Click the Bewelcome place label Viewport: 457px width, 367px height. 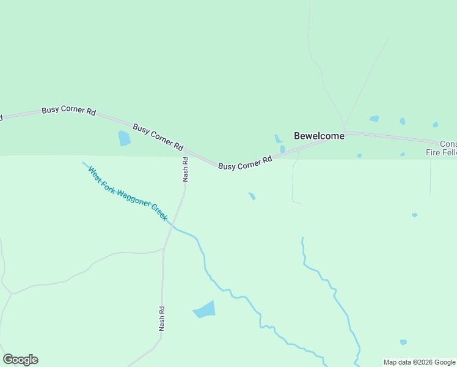pos(319,136)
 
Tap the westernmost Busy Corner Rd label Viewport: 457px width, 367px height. pos(68,111)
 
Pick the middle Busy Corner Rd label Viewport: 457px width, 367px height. pos(158,138)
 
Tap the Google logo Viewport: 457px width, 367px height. pos(20,360)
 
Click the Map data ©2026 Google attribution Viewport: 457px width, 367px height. pos(420,362)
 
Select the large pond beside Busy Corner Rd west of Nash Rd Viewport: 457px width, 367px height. pos(124,138)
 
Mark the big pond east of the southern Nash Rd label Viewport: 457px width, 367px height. pos(205,310)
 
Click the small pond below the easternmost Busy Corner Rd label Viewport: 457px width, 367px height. pos(252,196)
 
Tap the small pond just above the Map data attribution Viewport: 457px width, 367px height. pos(403,342)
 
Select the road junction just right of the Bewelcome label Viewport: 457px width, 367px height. pos(345,132)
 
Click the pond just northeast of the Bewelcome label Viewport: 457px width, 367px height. pos(374,119)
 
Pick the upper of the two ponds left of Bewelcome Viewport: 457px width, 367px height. pos(278,139)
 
